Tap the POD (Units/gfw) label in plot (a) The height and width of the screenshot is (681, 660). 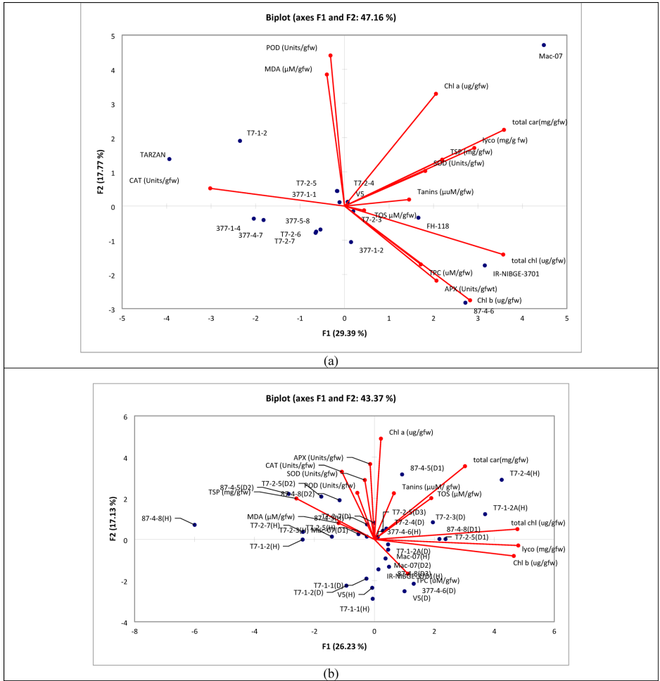click(291, 48)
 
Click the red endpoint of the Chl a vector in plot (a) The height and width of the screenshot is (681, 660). click(436, 94)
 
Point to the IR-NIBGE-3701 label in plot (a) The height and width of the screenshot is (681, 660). click(516, 274)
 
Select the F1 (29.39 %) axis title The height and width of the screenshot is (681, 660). click(344, 333)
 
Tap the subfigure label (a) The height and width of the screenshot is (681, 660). click(330, 361)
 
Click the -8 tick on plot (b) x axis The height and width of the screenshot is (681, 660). click(134, 632)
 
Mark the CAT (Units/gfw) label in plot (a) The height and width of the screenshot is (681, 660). click(154, 181)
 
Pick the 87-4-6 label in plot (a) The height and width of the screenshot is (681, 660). click(483, 311)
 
